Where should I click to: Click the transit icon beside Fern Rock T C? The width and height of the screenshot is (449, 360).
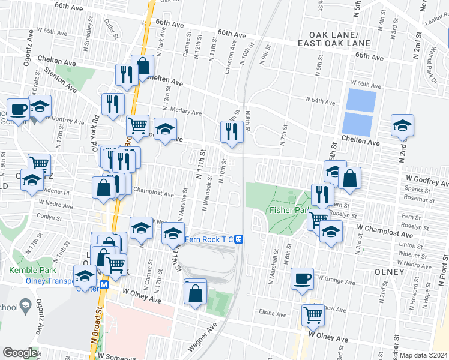pos(238,239)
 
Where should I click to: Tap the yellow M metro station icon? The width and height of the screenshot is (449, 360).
pos(104,285)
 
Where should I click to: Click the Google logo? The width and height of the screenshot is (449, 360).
pos(20,353)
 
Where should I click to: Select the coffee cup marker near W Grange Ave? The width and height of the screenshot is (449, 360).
pos(302,278)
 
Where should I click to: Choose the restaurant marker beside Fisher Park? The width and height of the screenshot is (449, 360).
pos(322,193)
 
